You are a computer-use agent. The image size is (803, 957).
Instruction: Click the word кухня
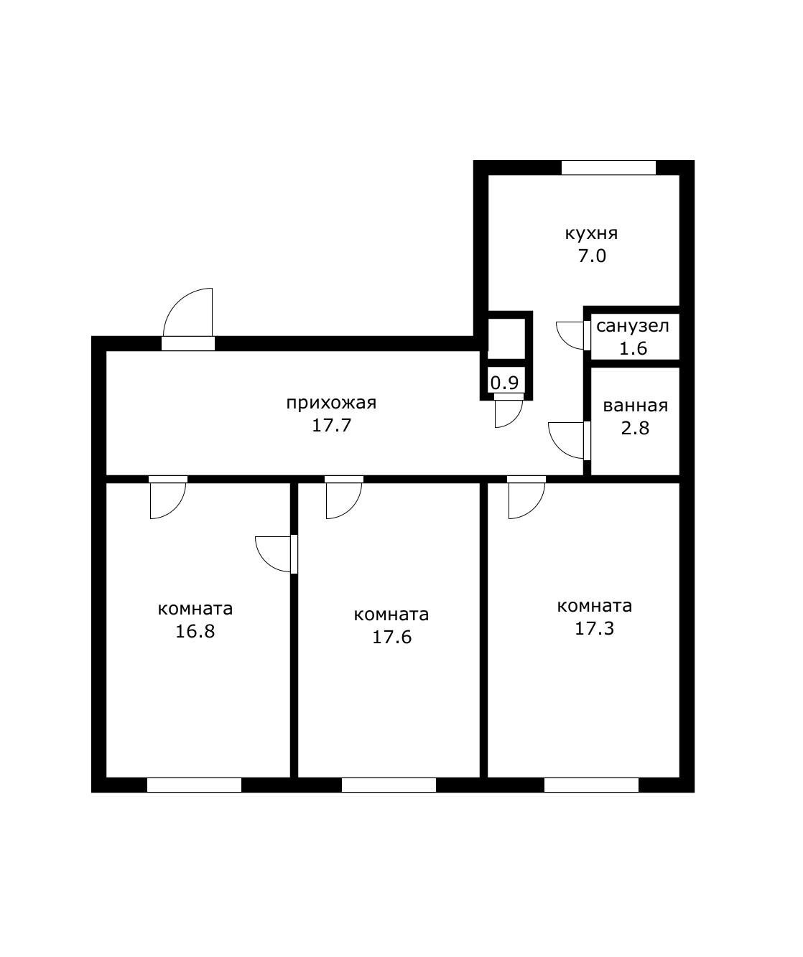pos(591,234)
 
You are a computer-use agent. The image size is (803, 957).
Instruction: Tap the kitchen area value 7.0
pos(592,256)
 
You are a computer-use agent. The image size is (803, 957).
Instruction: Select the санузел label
pos(632,327)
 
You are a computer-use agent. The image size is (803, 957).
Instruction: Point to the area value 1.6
pos(633,349)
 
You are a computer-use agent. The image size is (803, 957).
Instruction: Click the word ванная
pos(635,406)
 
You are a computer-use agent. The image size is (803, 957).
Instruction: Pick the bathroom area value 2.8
pos(635,429)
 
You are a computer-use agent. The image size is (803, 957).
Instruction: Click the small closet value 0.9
pos(504,382)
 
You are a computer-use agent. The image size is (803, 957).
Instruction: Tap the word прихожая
pos(331,403)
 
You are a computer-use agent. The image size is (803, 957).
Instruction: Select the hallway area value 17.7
pos(332,425)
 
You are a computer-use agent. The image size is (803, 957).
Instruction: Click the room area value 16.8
pos(195,632)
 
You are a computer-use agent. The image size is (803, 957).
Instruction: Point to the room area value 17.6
pos(391,637)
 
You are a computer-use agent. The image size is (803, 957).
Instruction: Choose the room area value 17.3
pos(594,628)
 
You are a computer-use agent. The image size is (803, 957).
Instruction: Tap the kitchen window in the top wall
pos(608,167)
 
